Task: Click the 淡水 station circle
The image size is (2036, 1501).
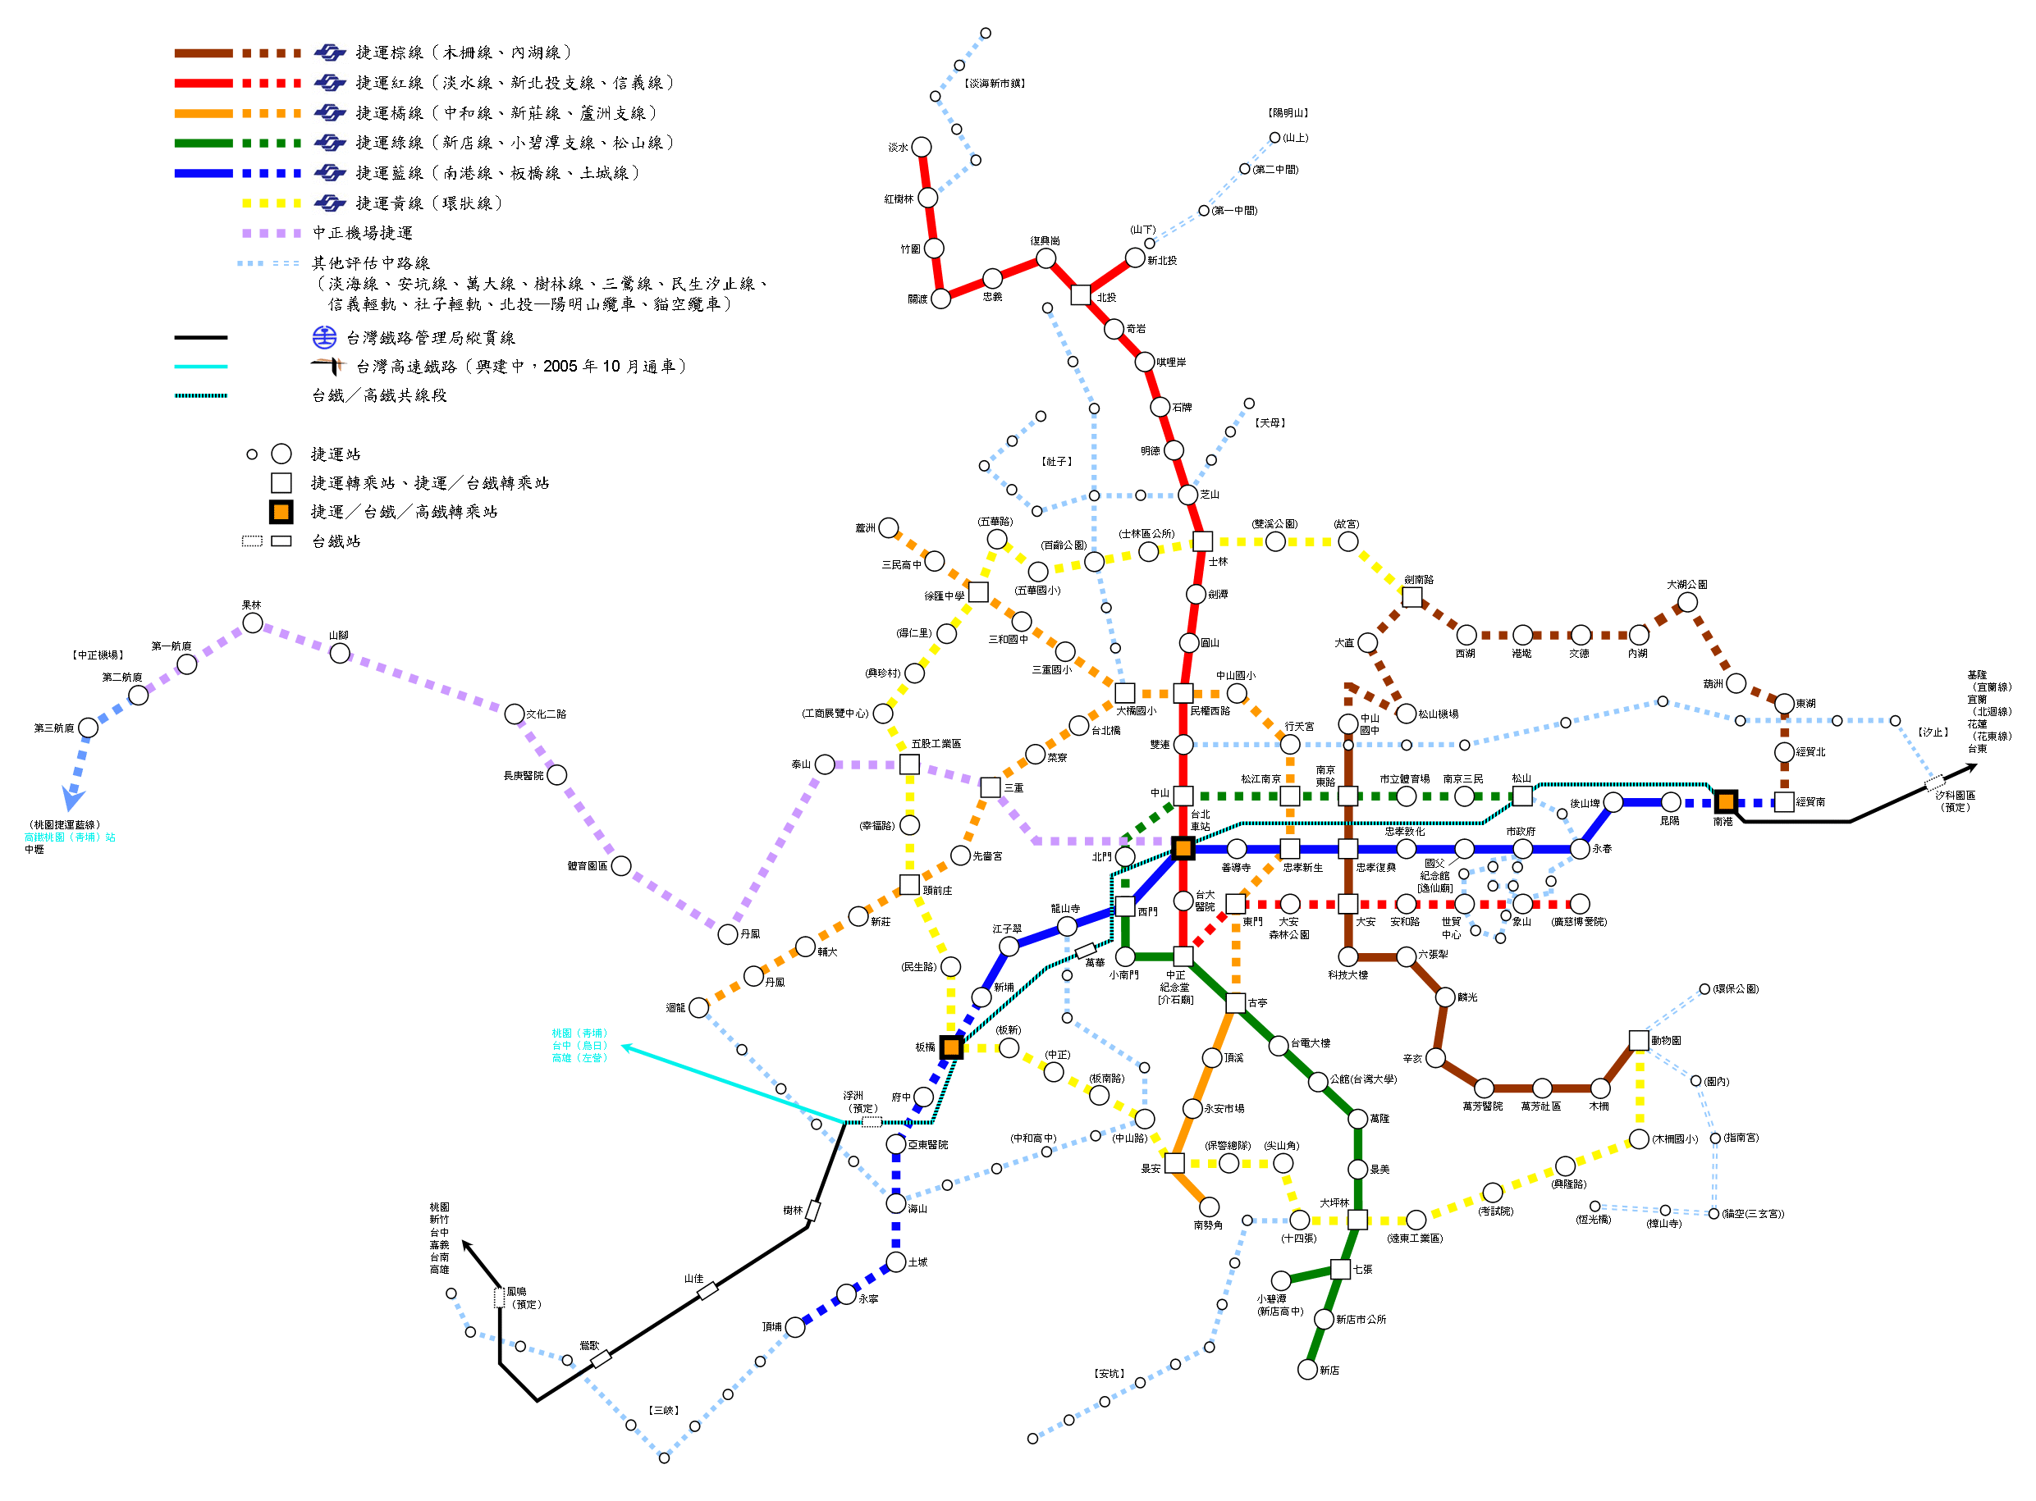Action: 922,147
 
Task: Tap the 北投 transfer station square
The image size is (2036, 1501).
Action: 1081,295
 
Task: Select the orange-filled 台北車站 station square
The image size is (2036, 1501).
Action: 1183,849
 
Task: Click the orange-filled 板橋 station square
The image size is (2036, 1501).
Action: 952,1047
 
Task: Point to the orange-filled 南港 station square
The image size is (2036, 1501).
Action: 1726,802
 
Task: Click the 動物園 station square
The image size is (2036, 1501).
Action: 1639,1040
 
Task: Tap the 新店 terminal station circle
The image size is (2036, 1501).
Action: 1308,1369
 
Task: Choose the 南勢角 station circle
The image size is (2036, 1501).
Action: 1210,1207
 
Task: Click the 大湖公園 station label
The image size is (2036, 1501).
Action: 1687,584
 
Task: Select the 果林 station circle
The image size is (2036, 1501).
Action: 253,623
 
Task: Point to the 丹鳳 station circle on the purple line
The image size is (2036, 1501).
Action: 728,934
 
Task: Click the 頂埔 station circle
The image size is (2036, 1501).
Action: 795,1327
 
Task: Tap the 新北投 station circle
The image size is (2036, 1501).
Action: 1135,258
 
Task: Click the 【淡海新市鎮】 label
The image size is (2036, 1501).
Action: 995,84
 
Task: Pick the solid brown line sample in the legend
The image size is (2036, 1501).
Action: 204,53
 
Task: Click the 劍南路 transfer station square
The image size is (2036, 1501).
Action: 1412,597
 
